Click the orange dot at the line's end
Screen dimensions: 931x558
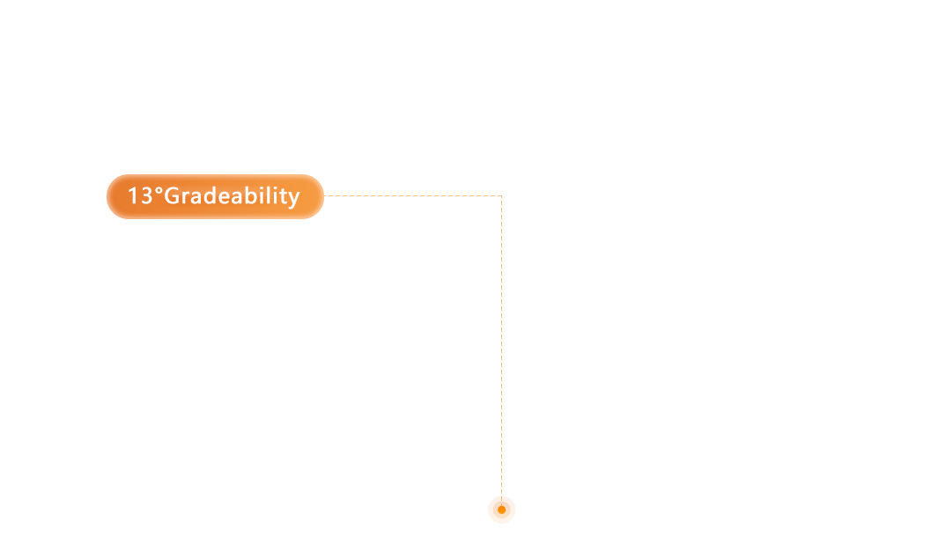point(502,510)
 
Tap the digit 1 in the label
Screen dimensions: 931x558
point(133,195)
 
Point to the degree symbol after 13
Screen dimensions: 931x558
point(159,190)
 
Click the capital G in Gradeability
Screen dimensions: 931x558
point(172,195)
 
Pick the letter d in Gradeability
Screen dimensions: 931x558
point(211,195)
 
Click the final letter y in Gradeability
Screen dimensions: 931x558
point(293,199)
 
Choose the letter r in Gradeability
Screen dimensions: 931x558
point(186,198)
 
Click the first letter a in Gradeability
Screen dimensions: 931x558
point(197,198)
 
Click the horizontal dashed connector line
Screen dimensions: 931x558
point(413,195)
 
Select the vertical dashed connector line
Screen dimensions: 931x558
point(502,350)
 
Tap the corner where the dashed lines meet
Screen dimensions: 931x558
point(502,195)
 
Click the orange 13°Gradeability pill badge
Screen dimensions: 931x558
point(215,197)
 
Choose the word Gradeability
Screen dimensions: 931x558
point(233,197)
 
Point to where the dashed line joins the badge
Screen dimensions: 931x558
point(324,195)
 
